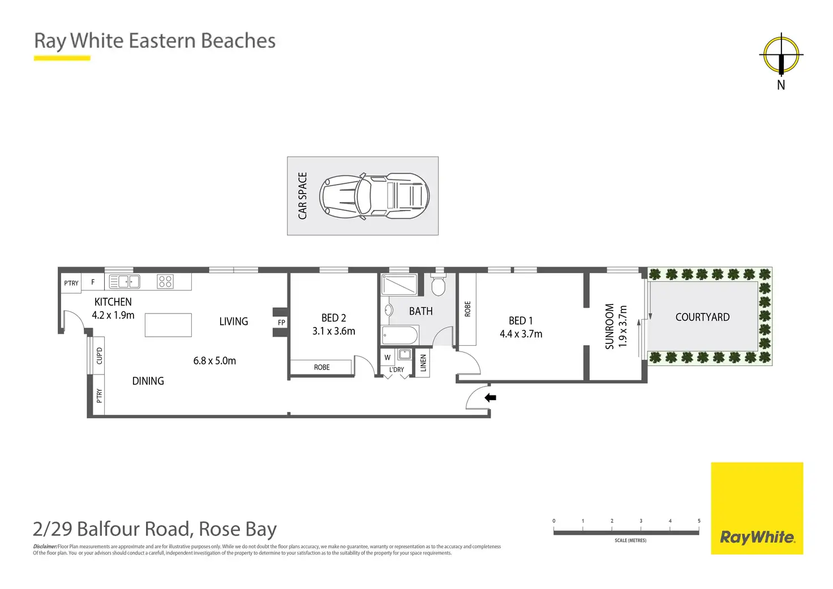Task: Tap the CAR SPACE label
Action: tap(303, 196)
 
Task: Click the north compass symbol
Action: tap(781, 55)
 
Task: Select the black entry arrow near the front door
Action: tap(490, 398)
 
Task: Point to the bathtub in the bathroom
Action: tap(400, 335)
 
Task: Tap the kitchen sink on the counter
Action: tap(124, 281)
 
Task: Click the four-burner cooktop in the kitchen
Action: tap(165, 281)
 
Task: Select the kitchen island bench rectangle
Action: tap(168, 325)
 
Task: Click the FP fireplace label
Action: tap(281, 323)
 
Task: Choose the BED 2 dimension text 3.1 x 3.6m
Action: tap(334, 331)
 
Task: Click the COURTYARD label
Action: tap(702, 317)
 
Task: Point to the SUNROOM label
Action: tap(609, 326)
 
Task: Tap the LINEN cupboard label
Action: tap(423, 363)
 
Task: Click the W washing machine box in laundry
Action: tap(388, 357)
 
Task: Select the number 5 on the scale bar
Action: tap(699, 521)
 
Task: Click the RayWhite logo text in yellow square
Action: tap(757, 537)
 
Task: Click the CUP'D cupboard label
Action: tap(100, 356)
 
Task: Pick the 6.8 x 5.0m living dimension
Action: tap(214, 360)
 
